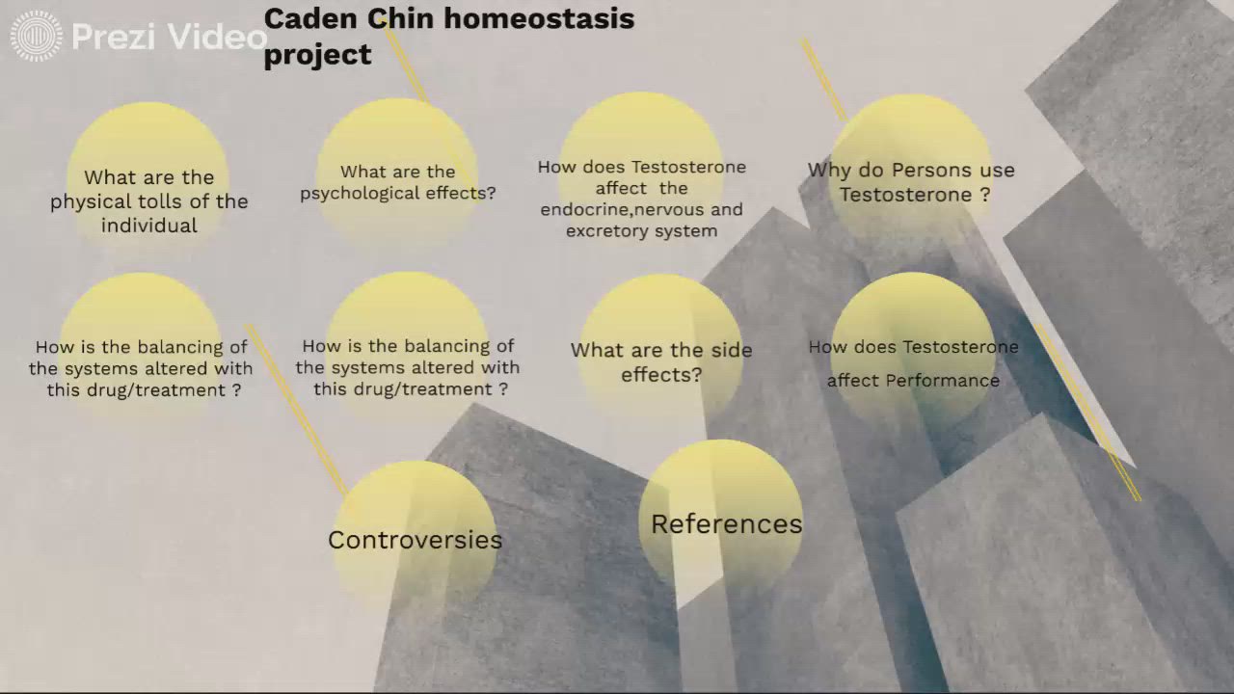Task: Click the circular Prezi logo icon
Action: click(36, 37)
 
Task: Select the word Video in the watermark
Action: click(214, 37)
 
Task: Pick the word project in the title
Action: click(317, 55)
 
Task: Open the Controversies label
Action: click(415, 540)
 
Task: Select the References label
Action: click(726, 524)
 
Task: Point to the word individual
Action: click(149, 226)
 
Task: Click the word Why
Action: click(828, 171)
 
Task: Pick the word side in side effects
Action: click(731, 350)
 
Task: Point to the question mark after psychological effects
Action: click(492, 193)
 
